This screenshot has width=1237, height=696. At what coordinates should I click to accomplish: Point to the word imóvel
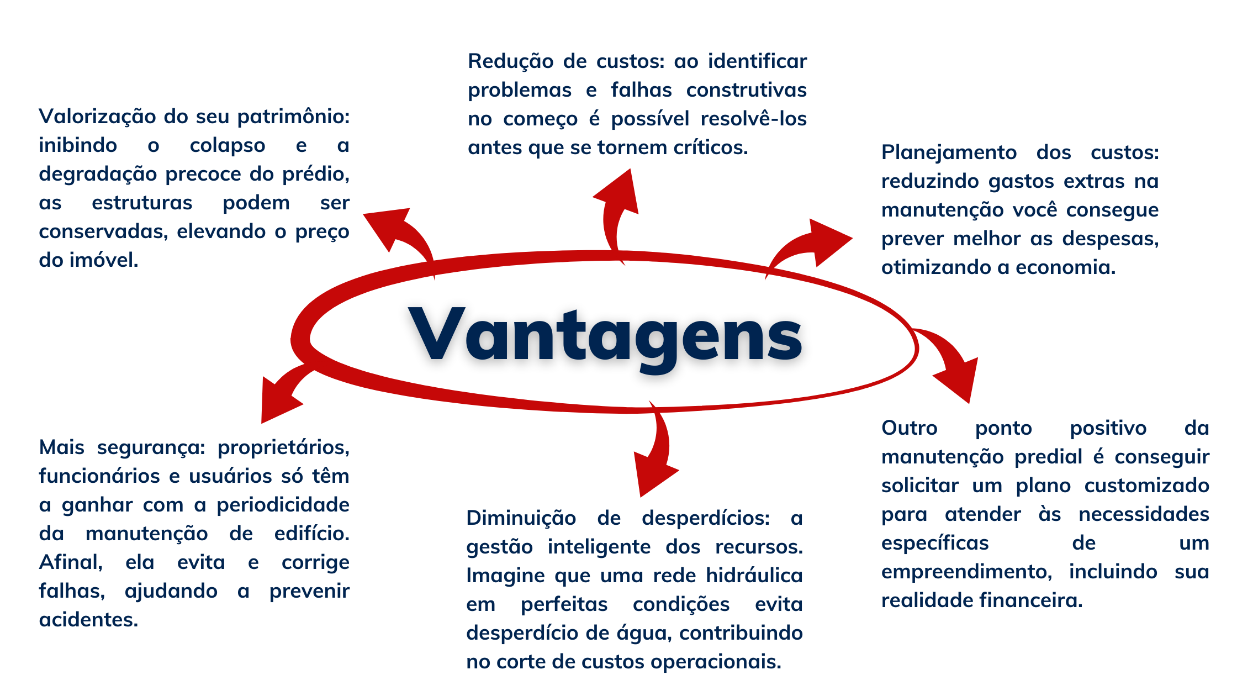104,260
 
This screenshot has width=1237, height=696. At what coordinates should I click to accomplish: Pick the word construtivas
747,89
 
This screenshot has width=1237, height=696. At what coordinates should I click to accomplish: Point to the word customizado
1147,486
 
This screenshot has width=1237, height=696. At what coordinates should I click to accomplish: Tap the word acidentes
88,620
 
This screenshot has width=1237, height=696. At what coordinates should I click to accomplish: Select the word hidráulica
754,576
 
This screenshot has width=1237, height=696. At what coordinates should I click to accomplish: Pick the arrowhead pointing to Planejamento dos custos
828,241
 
